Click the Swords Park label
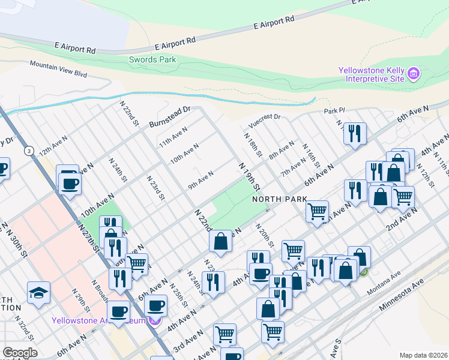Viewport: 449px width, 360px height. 152,59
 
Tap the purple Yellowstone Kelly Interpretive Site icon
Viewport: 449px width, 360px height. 412,75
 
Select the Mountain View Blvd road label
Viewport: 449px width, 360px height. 58,69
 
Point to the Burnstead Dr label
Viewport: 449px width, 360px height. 169,113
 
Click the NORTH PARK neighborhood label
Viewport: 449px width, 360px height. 279,199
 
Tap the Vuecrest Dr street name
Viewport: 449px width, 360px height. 264,120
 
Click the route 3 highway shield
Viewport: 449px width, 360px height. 29,151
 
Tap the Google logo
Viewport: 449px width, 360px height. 20,353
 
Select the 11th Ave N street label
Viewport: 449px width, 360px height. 173,137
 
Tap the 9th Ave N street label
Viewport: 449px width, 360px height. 200,179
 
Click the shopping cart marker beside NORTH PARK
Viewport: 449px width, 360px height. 317,211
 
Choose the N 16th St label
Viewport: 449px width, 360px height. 310,156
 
